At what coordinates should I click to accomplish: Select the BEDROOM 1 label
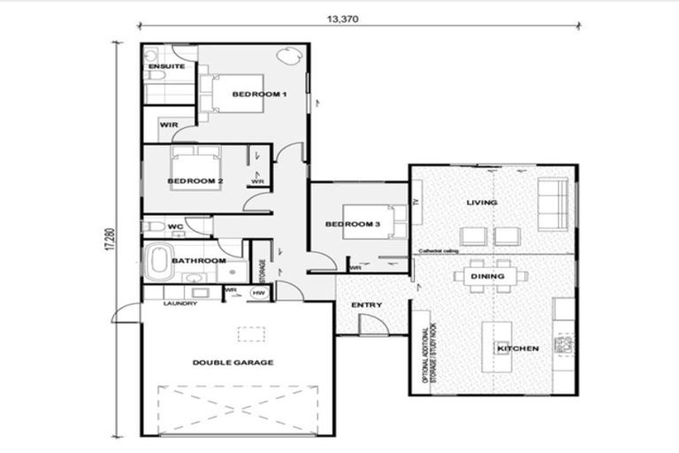coord(260,94)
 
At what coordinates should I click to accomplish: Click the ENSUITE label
coord(166,67)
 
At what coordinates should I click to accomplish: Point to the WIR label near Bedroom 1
coord(169,125)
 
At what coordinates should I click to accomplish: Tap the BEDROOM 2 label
coord(195,180)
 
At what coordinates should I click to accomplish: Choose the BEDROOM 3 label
coord(352,225)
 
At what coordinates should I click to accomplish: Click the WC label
coord(175,227)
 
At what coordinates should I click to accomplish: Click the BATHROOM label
coord(198,261)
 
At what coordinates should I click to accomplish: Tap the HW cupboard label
coord(260,291)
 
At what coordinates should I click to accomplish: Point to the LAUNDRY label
coord(179,304)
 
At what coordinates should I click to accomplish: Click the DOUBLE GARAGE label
coord(233,363)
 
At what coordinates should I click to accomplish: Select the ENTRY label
coord(366,306)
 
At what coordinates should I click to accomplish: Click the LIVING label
coord(482,203)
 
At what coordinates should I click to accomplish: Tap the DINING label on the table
coord(488,277)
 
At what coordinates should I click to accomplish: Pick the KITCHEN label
coord(518,349)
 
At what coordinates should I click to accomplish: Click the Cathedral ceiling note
coord(439,251)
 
